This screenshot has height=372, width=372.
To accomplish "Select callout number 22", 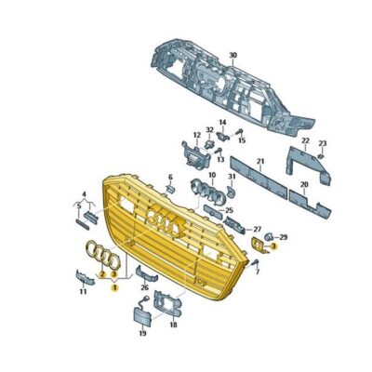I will pyautogui.click(x=305, y=140).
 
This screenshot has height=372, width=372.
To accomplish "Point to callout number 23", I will pyautogui.click(x=323, y=142).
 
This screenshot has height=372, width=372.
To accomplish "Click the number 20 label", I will pyautogui.click(x=303, y=186).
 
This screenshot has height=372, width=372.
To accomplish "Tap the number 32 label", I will pyautogui.click(x=209, y=130).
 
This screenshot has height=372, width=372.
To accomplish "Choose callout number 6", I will pyautogui.click(x=170, y=176).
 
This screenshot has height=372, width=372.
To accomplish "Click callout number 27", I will pyautogui.click(x=258, y=228).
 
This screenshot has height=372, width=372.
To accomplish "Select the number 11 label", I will pyautogui.click(x=83, y=291).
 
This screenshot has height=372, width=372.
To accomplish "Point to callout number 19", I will pyautogui.click(x=142, y=332).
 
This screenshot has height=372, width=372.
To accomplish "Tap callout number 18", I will pyautogui.click(x=174, y=325).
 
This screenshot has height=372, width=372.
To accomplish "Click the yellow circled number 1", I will pyautogui.click(x=114, y=289).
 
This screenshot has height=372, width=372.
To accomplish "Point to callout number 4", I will pyautogui.click(x=85, y=194).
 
